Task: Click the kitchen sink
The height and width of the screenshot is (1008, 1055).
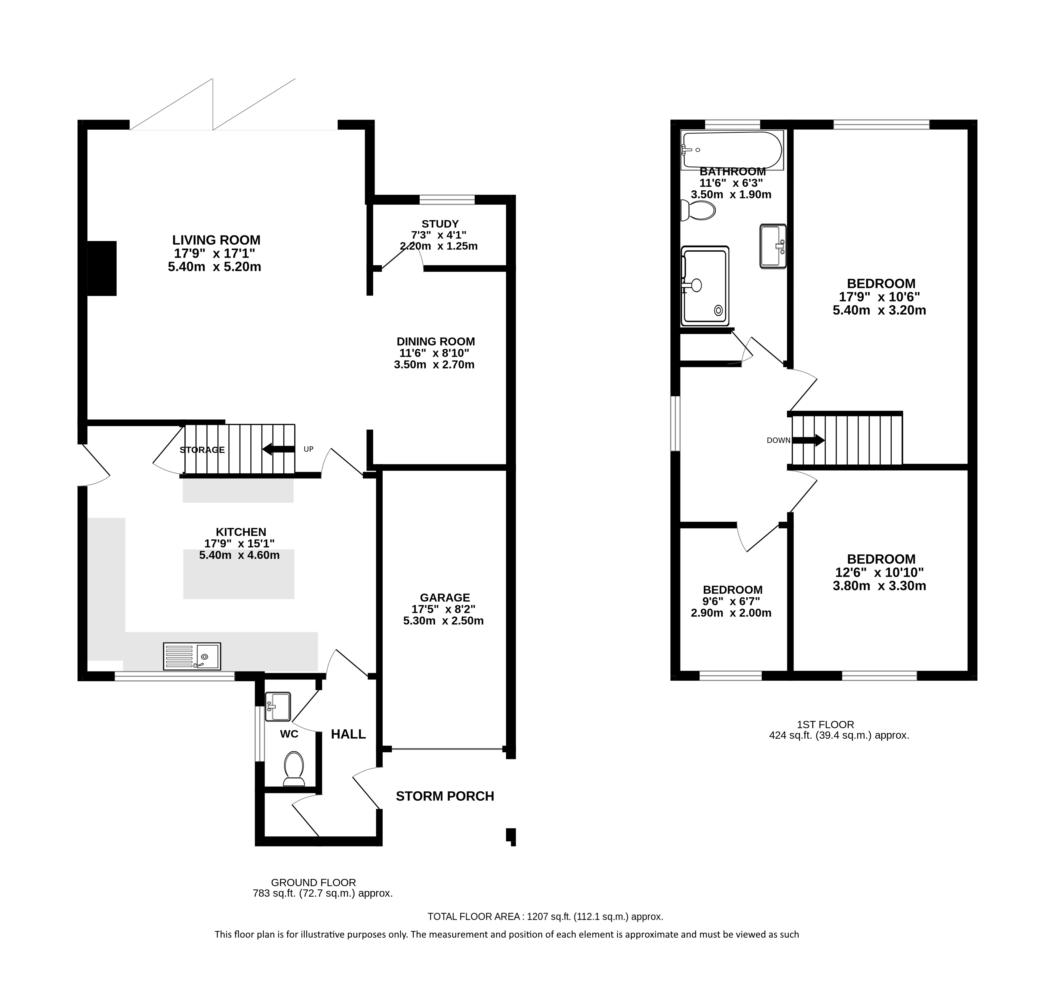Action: pos(192,656)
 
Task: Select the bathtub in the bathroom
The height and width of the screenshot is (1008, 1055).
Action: pos(732,150)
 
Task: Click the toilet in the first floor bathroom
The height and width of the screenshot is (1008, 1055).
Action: pos(698,210)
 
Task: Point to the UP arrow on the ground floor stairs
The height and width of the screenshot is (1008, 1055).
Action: pos(278,449)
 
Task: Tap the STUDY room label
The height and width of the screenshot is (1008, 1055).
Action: pos(440,224)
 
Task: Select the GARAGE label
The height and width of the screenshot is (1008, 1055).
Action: pos(445,598)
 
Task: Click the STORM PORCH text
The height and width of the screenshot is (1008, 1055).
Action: pos(445,796)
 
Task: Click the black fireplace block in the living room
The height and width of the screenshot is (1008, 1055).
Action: pos(102,269)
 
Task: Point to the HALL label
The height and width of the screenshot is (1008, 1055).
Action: pos(348,734)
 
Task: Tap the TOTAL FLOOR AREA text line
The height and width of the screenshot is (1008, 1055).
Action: pos(545,917)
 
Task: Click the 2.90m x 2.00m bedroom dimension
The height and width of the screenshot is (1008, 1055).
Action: pos(731,613)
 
